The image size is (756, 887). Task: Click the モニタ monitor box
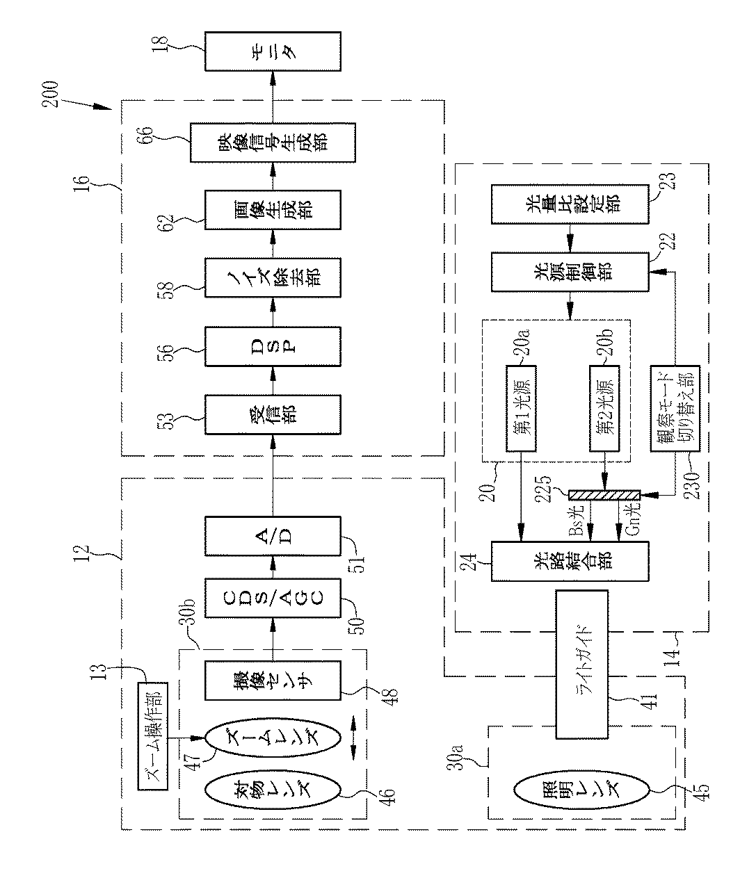point(273,51)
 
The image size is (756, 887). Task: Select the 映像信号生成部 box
point(273,143)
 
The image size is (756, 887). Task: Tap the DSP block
point(273,346)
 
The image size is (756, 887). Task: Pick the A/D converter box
point(273,536)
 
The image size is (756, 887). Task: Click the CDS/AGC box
point(273,599)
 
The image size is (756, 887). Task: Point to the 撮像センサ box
point(273,681)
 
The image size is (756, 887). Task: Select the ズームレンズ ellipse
point(273,738)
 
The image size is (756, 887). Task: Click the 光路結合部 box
point(570,561)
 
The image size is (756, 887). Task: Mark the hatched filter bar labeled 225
point(604,495)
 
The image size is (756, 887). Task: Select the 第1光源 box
point(521,409)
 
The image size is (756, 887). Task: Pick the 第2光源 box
point(604,409)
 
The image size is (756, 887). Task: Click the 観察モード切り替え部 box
point(675,409)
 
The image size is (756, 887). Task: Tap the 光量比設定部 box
point(570,204)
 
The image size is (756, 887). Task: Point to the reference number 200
point(50,94)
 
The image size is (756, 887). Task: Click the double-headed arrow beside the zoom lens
point(354,738)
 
